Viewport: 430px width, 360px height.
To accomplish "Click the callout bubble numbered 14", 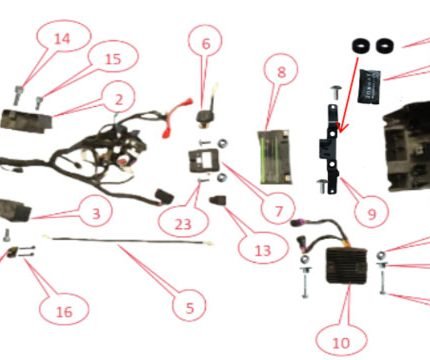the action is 63,39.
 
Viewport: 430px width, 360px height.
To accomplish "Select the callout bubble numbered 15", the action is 113,59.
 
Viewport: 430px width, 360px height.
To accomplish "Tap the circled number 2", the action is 119,99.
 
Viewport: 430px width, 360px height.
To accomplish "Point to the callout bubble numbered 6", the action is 206,43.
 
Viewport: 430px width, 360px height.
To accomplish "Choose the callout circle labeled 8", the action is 281,72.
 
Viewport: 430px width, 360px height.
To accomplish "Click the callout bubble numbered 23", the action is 183,224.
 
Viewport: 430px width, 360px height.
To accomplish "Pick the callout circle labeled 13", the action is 263,250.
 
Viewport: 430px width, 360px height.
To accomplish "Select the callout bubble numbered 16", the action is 64,311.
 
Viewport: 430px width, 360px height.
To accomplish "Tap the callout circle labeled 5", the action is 189,307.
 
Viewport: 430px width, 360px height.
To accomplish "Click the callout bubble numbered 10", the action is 341,342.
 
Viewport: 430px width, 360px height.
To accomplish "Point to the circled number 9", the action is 372,214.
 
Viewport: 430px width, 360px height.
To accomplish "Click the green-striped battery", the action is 275,157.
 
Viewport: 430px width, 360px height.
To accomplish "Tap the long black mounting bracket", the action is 331,149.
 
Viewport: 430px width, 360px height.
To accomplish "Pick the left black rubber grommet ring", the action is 361,46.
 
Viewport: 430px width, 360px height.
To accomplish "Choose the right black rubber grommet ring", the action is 385,46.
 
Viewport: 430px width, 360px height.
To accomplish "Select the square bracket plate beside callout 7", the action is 204,161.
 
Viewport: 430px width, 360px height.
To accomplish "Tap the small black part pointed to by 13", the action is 218,200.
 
